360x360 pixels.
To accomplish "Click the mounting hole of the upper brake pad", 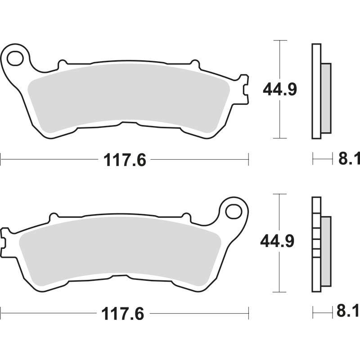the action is (x=15, y=58).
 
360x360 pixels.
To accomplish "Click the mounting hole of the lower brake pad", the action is (x=234, y=211).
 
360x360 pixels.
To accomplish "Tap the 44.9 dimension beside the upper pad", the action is (x=280, y=89).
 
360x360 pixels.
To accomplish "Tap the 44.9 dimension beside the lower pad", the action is (x=277, y=241).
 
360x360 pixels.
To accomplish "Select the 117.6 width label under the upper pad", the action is (x=125, y=160).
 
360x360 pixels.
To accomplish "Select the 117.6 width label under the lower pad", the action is (x=122, y=314).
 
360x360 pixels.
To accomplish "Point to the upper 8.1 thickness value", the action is (x=349, y=158).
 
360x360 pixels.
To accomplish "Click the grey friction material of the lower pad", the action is (x=120, y=251).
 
